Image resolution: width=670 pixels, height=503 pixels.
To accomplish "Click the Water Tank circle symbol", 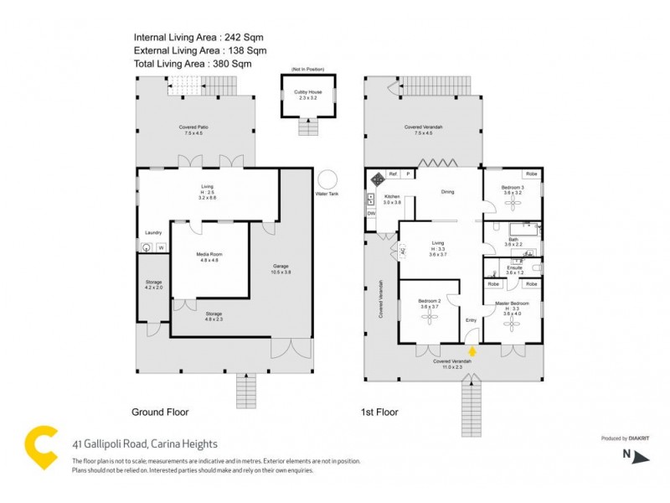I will tap(327, 179).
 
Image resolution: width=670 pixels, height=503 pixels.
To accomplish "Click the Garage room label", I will tap(281, 267).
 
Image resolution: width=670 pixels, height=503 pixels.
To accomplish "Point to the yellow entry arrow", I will tap(472, 352).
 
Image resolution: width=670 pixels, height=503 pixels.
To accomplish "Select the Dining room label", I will tap(447, 192).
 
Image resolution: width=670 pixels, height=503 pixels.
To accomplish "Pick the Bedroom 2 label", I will tap(428, 303).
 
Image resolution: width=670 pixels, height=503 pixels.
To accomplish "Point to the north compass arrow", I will tap(642, 457).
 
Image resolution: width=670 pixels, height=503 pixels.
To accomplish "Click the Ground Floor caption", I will tap(160, 412).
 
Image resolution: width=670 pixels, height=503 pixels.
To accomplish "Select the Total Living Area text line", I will tap(192, 63).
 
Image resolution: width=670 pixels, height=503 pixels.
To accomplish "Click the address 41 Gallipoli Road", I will tap(144, 443).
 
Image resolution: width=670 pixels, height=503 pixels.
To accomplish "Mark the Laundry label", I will tap(152, 233).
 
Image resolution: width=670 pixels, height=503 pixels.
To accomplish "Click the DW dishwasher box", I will tap(371, 214).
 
